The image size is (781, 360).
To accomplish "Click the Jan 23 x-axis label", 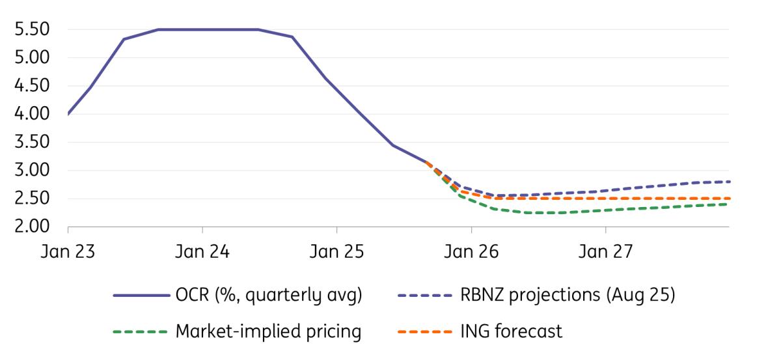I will [x=68, y=251].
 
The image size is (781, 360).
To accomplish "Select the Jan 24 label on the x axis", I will [x=202, y=251].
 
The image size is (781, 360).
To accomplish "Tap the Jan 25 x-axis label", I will [x=336, y=251].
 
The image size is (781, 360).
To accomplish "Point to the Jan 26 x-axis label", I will [x=471, y=251].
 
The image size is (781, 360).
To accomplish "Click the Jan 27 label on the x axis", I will [x=606, y=251].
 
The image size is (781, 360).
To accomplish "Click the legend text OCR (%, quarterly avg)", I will [x=269, y=295].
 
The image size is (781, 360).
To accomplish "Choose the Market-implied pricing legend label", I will [x=268, y=331].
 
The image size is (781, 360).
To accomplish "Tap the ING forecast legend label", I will [x=512, y=331].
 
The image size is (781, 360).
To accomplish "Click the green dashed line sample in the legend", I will [x=140, y=331].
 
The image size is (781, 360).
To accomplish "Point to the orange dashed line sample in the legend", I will [x=424, y=331].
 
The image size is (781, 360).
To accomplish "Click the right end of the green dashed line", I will [x=728, y=204].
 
